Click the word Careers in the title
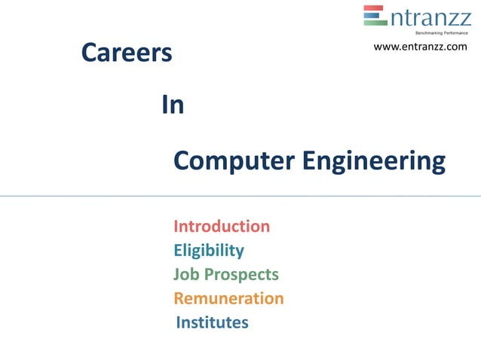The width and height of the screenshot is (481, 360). coord(127,53)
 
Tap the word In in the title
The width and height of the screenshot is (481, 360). coord(173,105)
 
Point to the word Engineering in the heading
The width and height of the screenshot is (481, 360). coord(374,161)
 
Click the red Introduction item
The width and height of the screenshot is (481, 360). coord(222,226)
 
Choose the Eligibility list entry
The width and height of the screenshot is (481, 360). coord(209,250)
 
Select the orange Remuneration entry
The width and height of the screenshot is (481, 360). coord(228,298)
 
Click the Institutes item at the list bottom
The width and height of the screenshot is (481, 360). coord(212,322)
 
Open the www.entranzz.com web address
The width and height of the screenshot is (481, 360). coord(420,47)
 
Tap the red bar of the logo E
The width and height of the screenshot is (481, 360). coord(375,9)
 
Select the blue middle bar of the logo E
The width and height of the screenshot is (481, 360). coord(374,16)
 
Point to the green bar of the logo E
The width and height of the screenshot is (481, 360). coord(375,23)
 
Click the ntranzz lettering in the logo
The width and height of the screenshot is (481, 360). coord(430,17)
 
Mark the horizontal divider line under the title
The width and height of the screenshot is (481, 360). coord(240,196)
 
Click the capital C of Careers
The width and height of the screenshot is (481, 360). coord(90,53)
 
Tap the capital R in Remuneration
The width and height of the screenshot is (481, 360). coord(179,298)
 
